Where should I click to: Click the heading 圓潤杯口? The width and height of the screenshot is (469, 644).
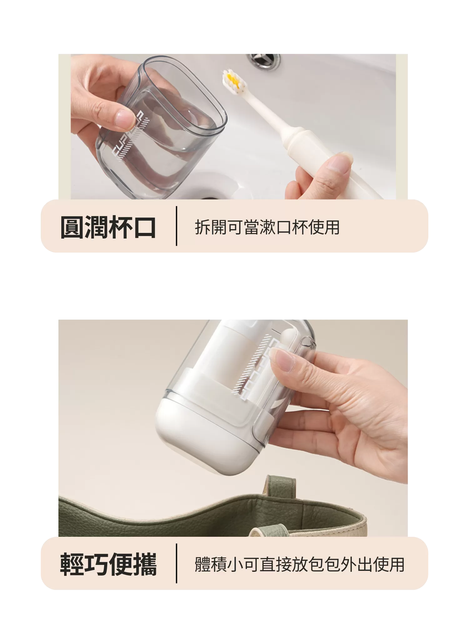108,227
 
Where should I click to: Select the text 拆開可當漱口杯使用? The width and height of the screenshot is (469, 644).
267,227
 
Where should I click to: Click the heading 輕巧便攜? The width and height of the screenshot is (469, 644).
108,565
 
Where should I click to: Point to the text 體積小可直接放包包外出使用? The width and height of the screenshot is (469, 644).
300,565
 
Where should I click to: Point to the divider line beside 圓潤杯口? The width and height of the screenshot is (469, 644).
177,226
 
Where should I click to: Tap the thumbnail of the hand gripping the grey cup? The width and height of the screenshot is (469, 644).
109,109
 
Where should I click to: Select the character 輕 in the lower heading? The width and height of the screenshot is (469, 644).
72,565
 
